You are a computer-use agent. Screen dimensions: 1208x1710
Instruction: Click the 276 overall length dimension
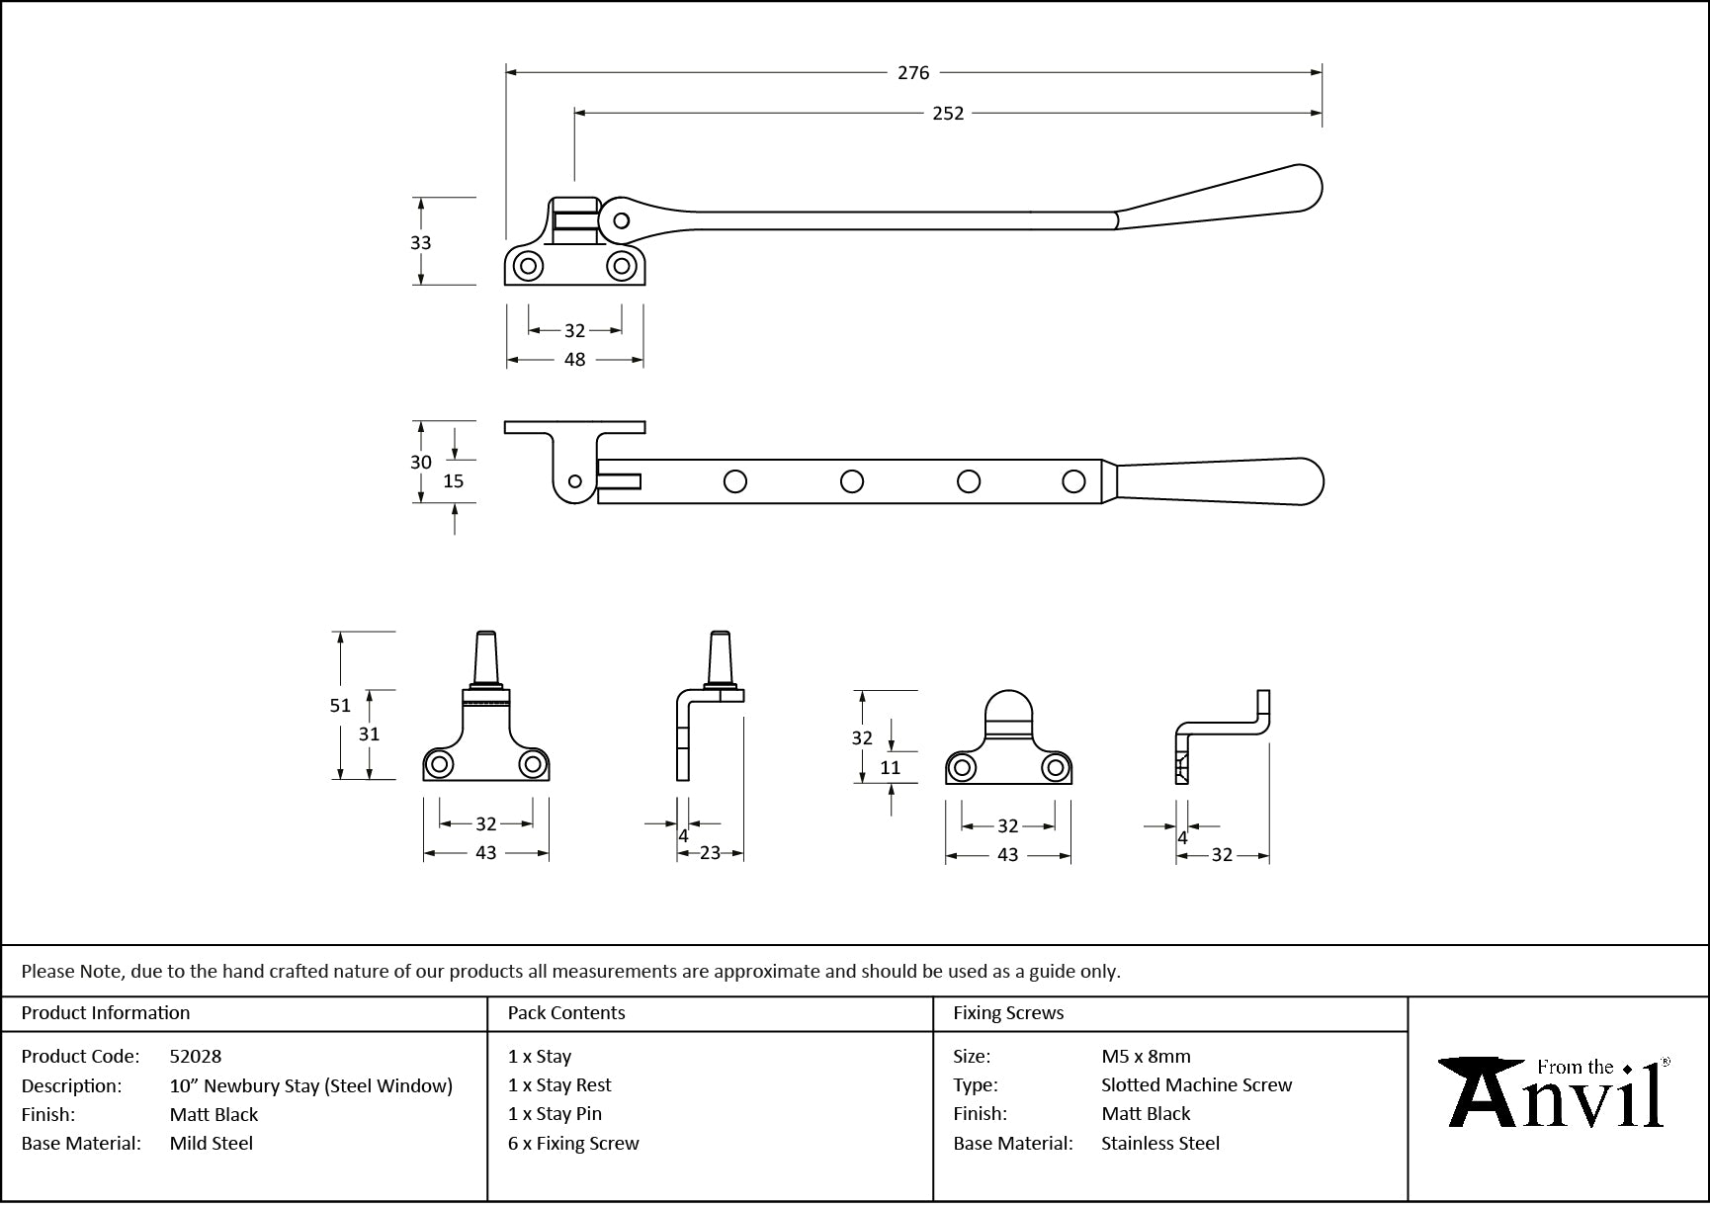tap(913, 72)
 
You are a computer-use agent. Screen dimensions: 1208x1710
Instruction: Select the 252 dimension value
tap(948, 114)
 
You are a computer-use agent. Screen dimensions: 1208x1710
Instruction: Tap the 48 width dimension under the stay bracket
tap(574, 360)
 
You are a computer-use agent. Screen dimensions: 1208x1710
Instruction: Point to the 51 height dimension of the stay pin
tap(340, 706)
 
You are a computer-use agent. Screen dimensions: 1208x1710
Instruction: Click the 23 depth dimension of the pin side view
tap(710, 853)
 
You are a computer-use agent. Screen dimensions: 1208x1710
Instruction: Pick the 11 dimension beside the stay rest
tap(890, 767)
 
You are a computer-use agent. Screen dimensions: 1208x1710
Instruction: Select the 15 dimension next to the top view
tap(453, 481)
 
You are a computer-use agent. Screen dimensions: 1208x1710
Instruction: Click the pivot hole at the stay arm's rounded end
tap(621, 219)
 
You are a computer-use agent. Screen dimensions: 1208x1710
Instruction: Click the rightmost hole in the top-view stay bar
tap(1073, 481)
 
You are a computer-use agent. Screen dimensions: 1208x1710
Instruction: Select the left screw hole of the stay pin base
tap(439, 764)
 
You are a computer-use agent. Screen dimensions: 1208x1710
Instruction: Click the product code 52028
tap(196, 1057)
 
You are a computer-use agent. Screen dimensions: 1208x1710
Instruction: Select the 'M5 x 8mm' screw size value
tap(1146, 1057)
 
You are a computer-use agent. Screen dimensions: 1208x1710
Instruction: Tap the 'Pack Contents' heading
tap(566, 1013)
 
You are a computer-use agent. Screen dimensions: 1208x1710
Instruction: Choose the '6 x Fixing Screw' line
tap(573, 1144)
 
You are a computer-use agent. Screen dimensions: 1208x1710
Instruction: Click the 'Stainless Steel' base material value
tap(1160, 1144)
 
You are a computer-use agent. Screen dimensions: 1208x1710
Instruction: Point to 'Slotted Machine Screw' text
tap(1196, 1085)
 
